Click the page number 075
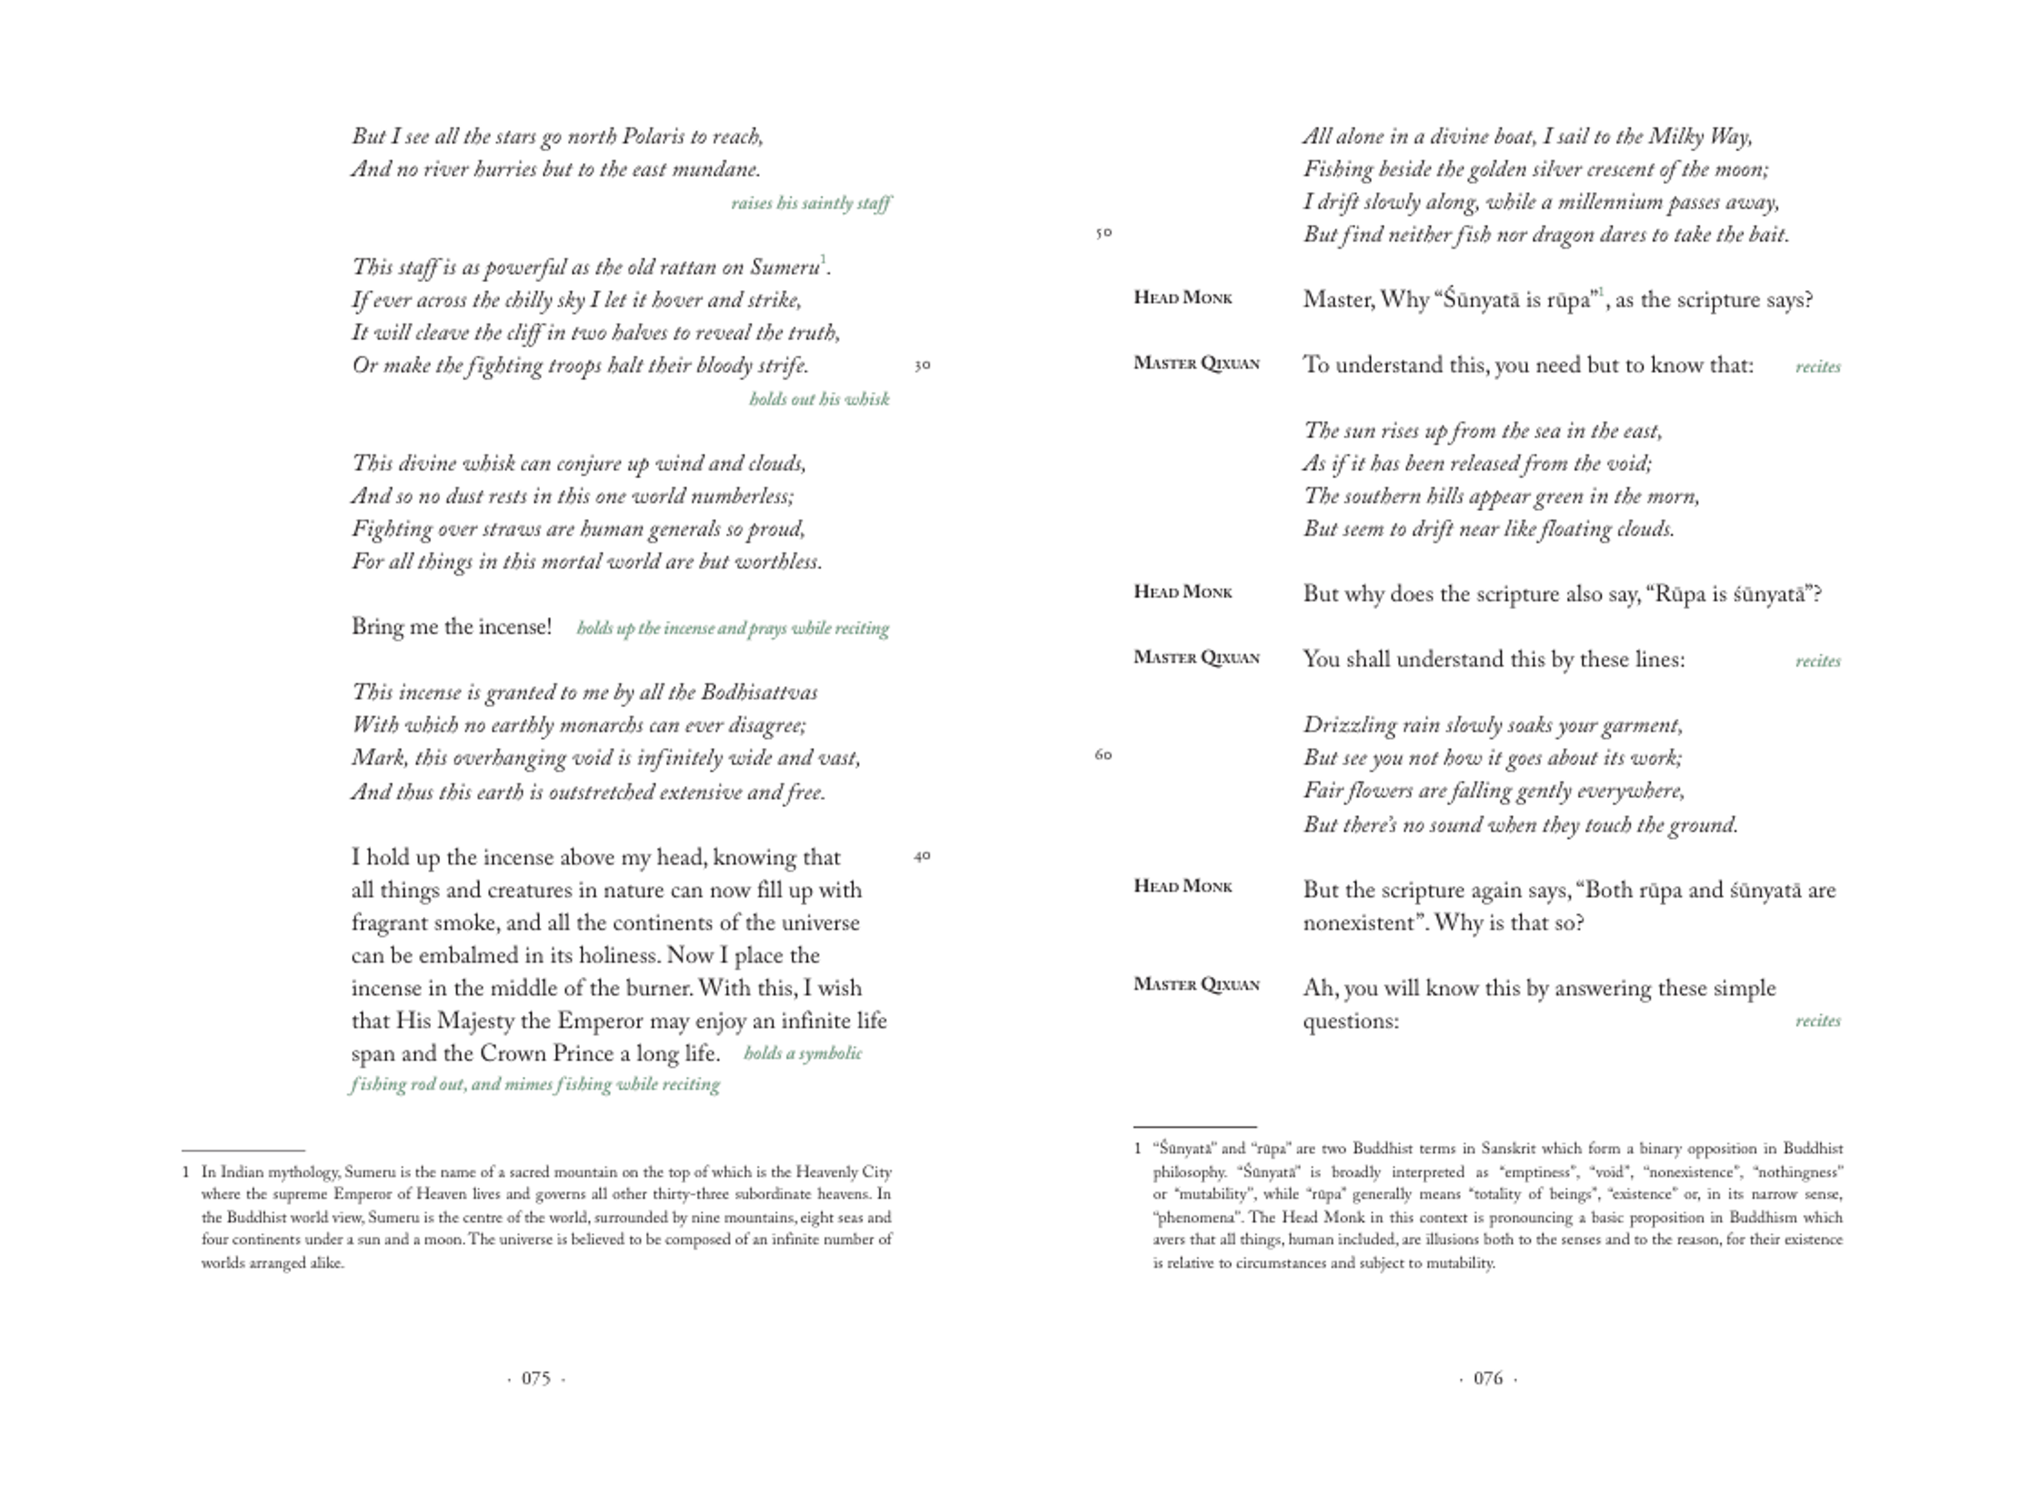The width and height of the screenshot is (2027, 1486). (536, 1378)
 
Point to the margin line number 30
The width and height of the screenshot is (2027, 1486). (922, 365)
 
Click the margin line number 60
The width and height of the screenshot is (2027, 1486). (1104, 755)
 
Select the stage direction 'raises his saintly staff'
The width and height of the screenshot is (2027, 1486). (811, 204)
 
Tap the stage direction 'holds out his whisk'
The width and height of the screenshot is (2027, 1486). (819, 399)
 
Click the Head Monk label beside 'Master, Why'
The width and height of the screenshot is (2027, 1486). (1183, 298)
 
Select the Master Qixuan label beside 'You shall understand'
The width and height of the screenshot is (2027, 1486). (1196, 657)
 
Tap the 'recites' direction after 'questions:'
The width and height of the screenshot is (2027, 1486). (1817, 1021)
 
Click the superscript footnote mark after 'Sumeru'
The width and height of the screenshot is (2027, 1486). (823, 260)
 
